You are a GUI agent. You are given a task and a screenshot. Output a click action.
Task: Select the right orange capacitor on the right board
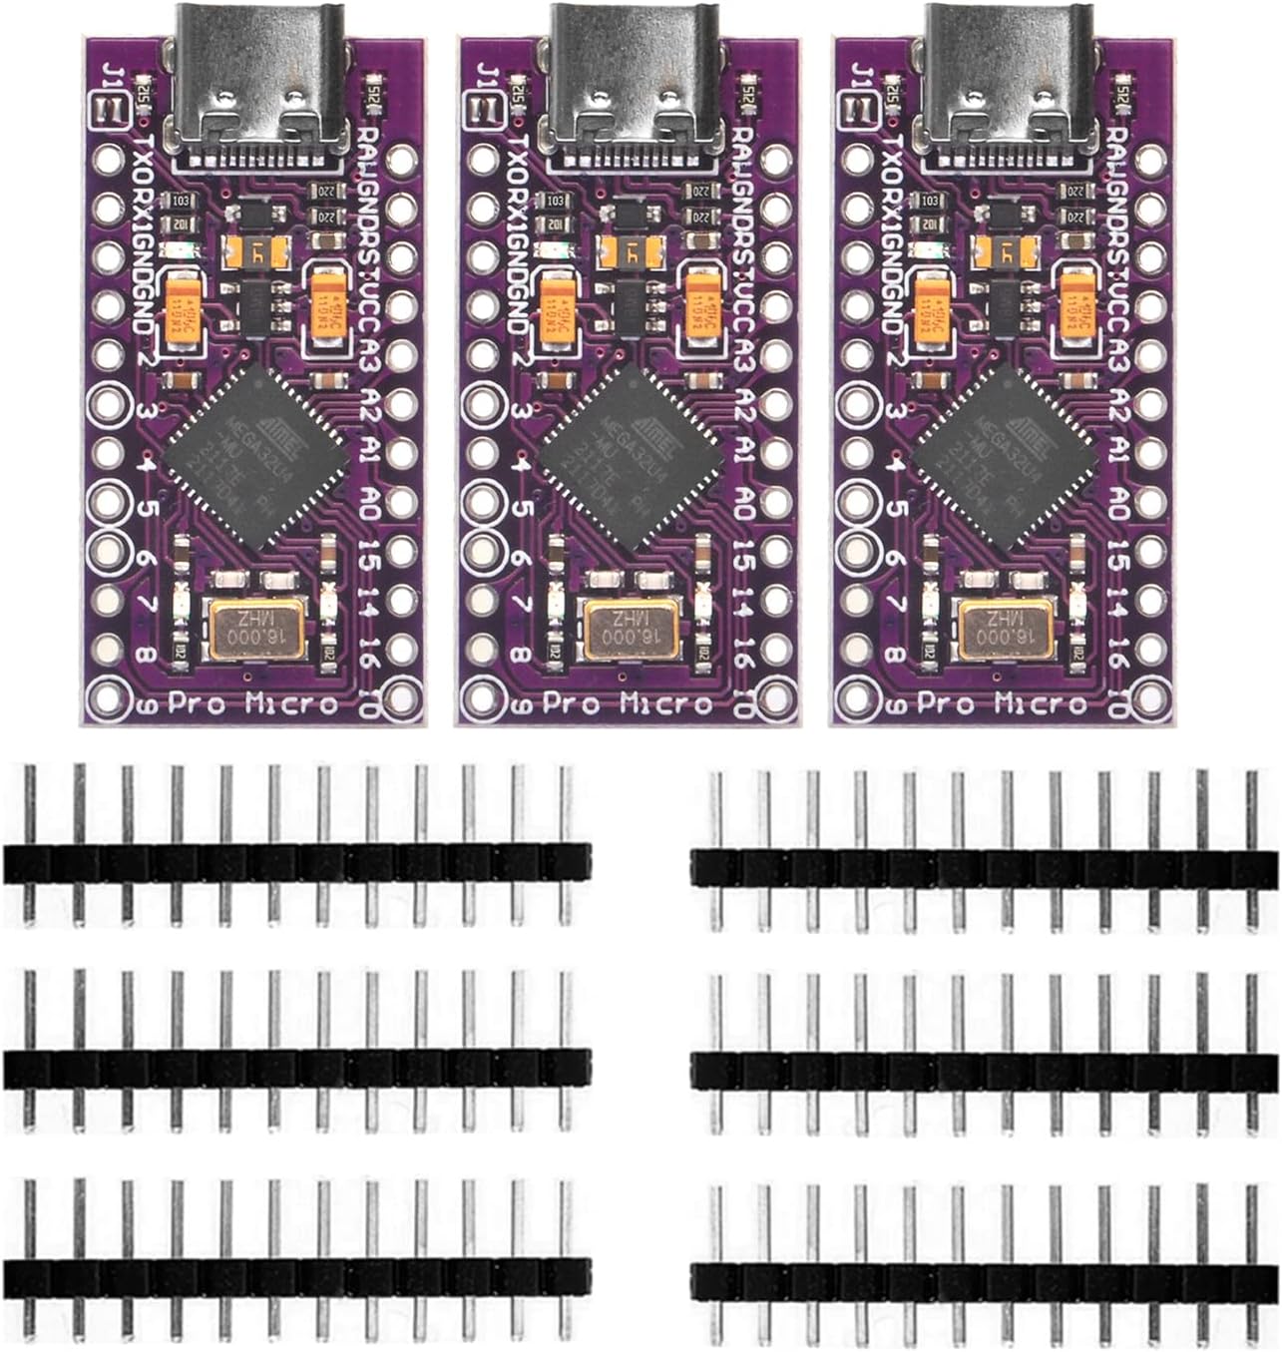click(x=1075, y=304)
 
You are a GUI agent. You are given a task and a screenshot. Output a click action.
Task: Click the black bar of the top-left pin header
click(x=297, y=863)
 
